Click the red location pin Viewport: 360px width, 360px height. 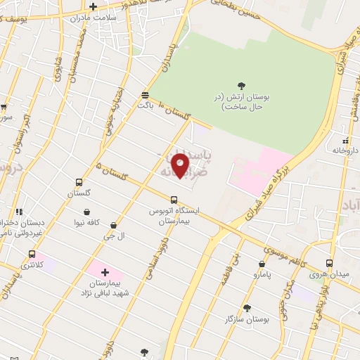pos(181,165)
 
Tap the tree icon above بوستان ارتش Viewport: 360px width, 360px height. pos(242,85)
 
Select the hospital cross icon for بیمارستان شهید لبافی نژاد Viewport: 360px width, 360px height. pos(105,272)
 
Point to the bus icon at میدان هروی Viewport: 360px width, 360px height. pos(329,262)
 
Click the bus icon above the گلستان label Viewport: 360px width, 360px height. pos(79,181)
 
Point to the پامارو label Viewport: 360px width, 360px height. pos(262,278)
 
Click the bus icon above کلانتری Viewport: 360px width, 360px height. pos(32,254)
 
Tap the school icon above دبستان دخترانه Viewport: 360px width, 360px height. pos(20,211)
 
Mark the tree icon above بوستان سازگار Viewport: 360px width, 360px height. pos(247,308)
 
